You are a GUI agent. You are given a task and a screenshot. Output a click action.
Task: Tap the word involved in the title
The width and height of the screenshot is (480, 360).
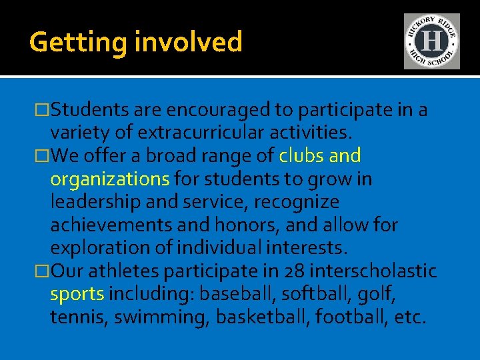pos(189,42)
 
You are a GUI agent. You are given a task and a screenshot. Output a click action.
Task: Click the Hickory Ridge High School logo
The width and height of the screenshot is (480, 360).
pos(431,41)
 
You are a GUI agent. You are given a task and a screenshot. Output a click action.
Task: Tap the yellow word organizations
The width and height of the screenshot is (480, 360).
pos(110,179)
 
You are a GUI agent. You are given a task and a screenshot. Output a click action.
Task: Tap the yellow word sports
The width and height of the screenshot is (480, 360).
pos(77,294)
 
